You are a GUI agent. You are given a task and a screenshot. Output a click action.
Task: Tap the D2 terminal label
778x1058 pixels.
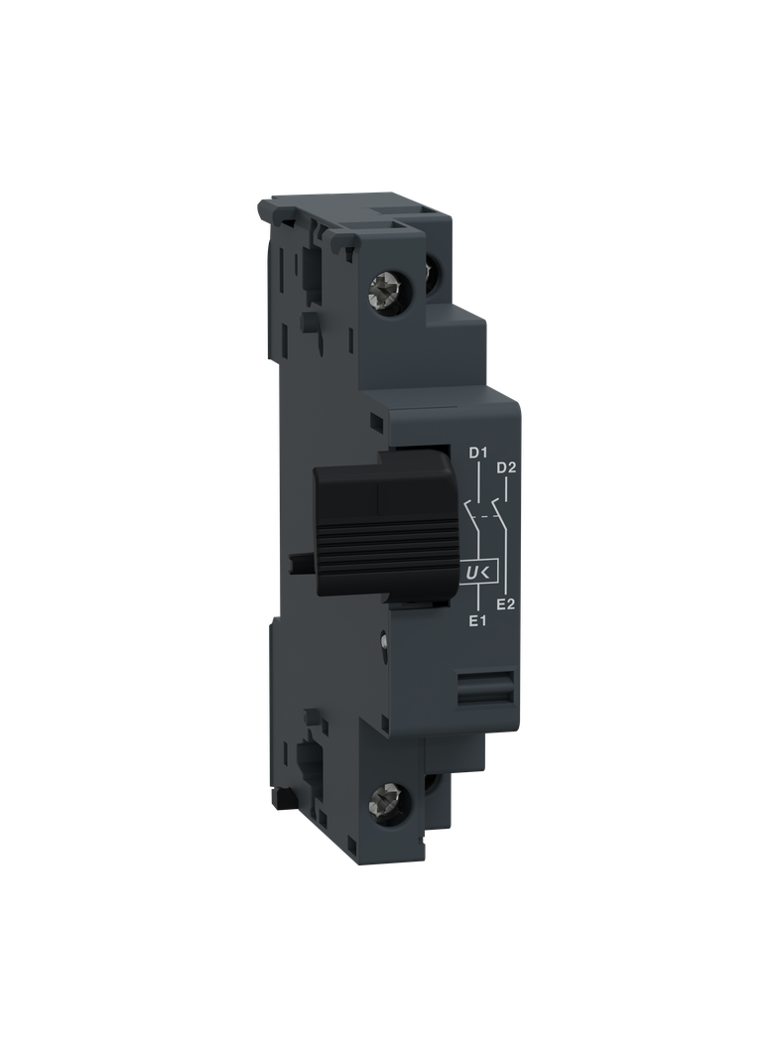(507, 467)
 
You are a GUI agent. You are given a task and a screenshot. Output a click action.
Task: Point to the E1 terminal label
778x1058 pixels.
(476, 621)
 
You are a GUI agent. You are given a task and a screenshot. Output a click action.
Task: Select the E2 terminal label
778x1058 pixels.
(504, 603)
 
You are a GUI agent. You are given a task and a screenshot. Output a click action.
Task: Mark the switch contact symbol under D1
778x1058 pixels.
(472, 516)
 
